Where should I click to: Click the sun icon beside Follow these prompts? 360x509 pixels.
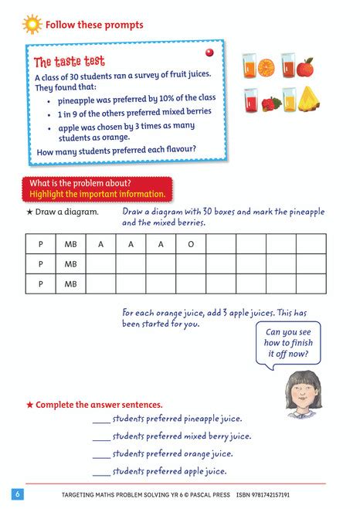point(32,24)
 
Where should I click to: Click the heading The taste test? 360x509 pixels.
point(70,62)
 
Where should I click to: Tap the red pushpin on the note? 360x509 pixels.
point(208,52)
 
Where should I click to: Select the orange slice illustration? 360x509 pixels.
point(267,66)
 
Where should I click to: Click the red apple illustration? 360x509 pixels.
point(306,67)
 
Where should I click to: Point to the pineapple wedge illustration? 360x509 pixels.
point(307,99)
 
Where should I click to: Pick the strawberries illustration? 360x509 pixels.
point(270,103)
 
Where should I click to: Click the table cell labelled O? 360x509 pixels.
point(191,244)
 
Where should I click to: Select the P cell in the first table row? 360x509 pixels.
point(40,244)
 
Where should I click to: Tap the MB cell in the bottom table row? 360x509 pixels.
point(70,284)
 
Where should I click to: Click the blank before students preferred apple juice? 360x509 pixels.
point(100,471)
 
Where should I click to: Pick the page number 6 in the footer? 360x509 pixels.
point(16,494)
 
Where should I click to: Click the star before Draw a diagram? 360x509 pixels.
point(29,212)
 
